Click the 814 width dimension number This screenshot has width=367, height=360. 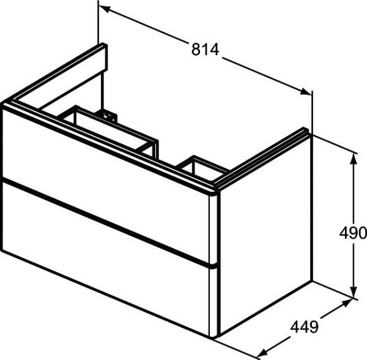pyautogui.click(x=206, y=51)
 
